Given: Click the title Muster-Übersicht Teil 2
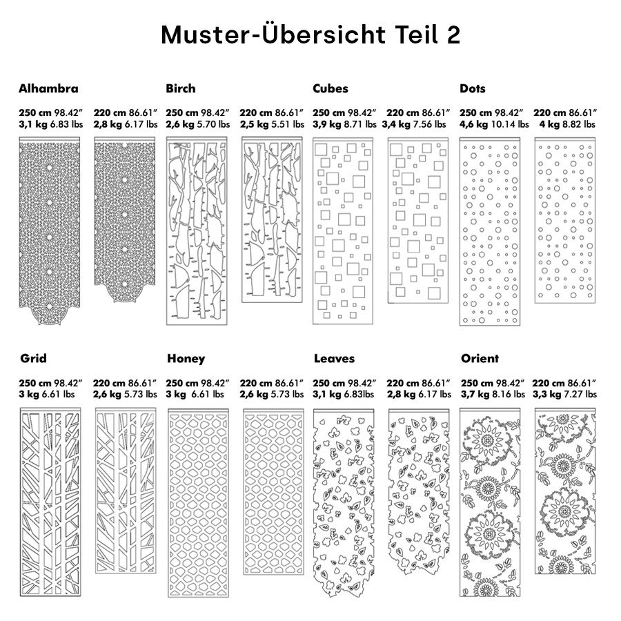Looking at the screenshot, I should [x=310, y=34].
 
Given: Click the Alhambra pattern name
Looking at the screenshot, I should [x=48, y=88].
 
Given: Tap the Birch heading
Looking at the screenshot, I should [x=181, y=88].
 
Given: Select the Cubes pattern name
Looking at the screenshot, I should [x=331, y=88].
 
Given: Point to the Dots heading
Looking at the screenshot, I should [x=473, y=88].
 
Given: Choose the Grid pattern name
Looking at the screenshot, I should [x=34, y=359].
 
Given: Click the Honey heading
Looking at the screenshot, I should [x=186, y=359].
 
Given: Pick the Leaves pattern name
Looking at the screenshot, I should [x=334, y=359].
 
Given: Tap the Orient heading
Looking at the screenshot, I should [x=480, y=359].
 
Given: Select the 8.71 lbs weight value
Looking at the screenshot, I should [x=360, y=125].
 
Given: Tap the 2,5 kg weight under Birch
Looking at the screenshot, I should [x=253, y=125].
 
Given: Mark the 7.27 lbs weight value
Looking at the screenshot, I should [x=580, y=395].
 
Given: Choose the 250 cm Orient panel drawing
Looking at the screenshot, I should [x=491, y=504].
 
